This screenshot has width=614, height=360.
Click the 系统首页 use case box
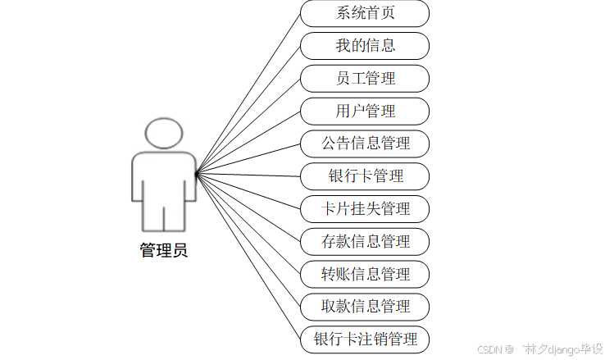365,13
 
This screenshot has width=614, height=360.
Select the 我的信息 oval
365,46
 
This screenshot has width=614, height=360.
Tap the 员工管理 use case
365,79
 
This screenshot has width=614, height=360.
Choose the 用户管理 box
365,111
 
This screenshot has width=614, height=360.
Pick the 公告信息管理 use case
365,144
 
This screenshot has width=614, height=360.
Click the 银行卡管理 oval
365,176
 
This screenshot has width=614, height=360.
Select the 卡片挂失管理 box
365,208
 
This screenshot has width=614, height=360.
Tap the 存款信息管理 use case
365,241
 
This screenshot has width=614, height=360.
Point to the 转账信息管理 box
365,274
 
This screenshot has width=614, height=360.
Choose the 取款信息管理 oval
365,306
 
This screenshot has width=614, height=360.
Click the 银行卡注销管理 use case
365,339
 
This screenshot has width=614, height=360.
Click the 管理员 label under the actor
164,251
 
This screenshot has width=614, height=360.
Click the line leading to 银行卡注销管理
248,256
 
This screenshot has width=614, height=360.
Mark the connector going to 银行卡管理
248,175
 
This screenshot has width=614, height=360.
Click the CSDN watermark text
489,349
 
